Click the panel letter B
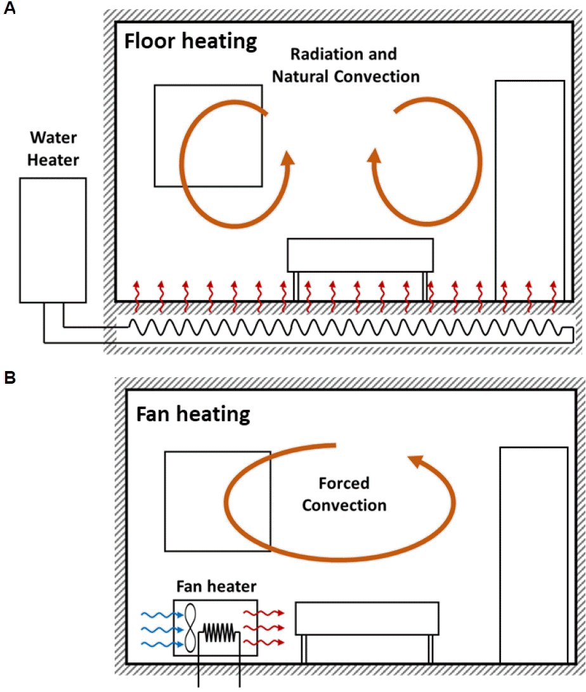click(10, 378)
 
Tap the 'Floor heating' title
click(190, 41)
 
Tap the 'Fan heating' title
click(193, 415)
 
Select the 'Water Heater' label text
click(53, 148)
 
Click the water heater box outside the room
click(53, 240)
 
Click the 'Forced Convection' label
click(344, 494)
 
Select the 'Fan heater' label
click(216, 587)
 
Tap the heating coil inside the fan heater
click(219, 632)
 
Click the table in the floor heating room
click(360, 254)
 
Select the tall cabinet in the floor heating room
click(530, 190)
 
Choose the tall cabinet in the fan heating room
click(533, 555)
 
